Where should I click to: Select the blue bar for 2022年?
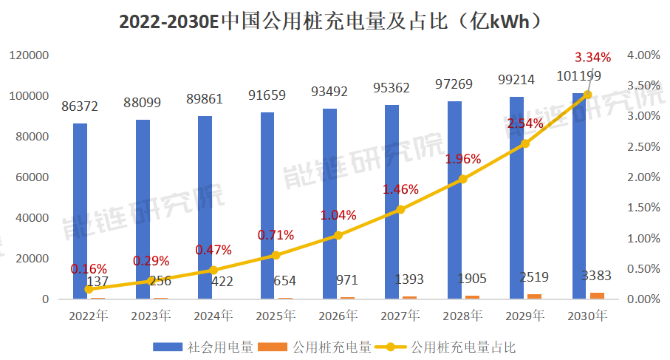(80, 211)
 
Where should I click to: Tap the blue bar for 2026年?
(329, 203)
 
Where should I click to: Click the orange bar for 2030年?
(597, 296)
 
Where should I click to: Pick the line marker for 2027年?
(400, 209)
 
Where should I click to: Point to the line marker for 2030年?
(588, 95)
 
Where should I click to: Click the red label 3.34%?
(593, 57)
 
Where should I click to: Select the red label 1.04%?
(338, 215)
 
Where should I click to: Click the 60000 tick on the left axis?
(33, 177)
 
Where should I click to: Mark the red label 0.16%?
(89, 268)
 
